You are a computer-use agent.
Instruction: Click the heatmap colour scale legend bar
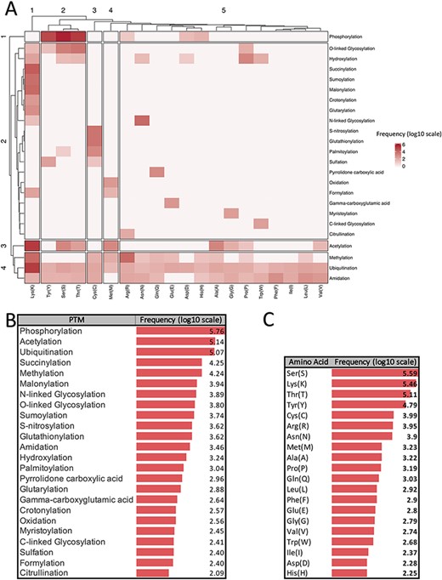395,151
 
